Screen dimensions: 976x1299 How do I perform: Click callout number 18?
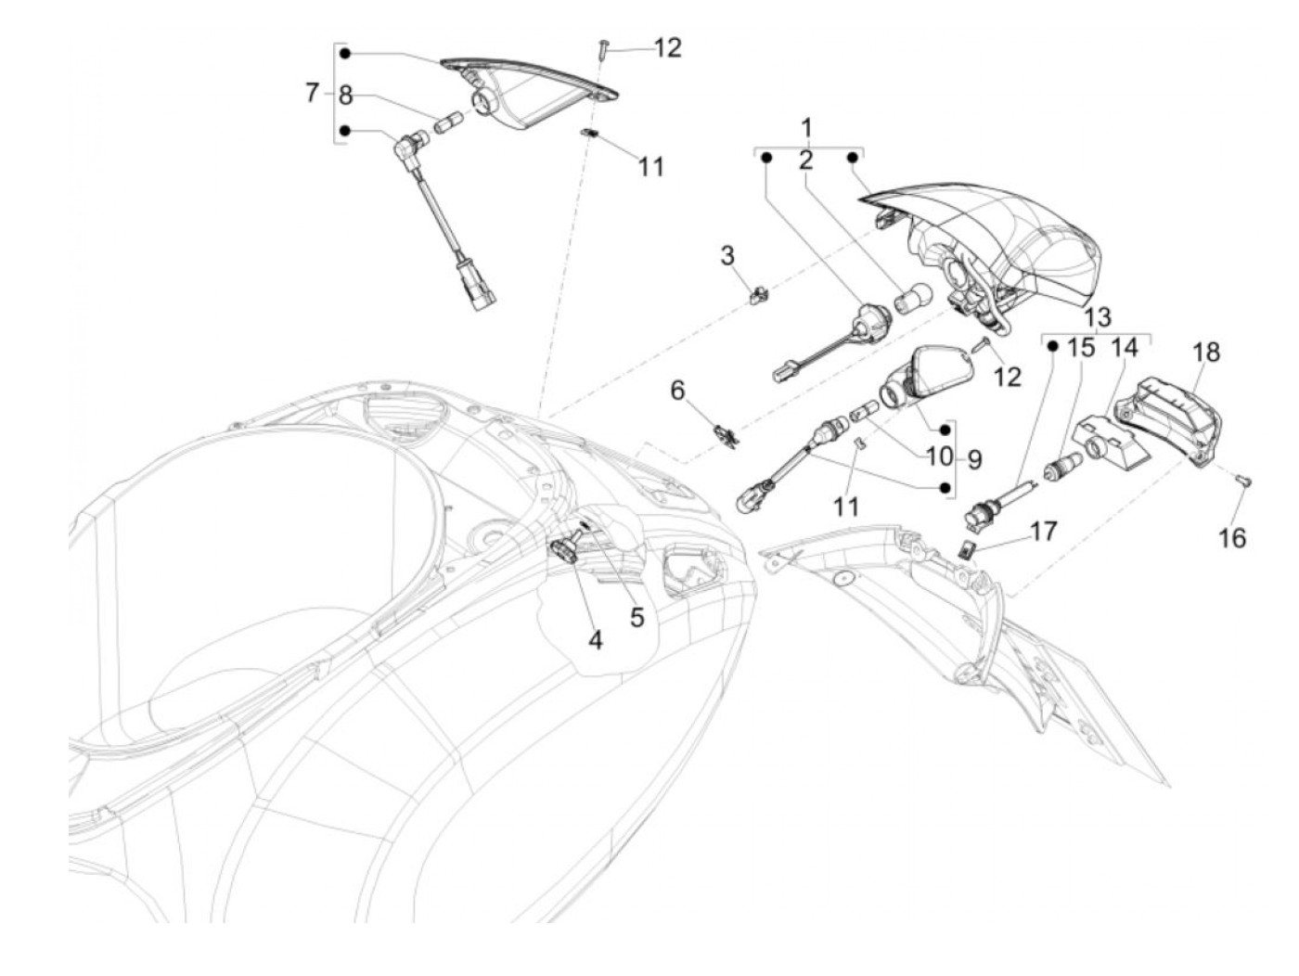click(1206, 353)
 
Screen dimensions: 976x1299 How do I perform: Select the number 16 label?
click(1232, 537)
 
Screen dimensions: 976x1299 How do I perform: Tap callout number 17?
click(1043, 532)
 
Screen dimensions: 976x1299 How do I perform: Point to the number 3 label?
click(728, 255)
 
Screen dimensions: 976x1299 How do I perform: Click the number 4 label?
click(594, 639)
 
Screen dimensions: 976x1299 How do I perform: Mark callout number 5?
click(637, 617)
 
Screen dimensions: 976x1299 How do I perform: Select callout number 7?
click(313, 93)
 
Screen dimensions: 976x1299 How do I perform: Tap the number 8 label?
click(345, 95)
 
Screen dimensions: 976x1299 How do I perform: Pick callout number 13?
click(1097, 317)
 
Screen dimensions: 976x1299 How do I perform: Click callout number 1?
click(806, 127)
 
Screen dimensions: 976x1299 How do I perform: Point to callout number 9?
click(973, 458)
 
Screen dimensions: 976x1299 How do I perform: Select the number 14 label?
click(1125, 348)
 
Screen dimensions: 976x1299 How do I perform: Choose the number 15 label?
click(1081, 348)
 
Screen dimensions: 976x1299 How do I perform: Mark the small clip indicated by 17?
click(965, 550)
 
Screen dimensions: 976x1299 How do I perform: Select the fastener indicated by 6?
click(726, 432)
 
